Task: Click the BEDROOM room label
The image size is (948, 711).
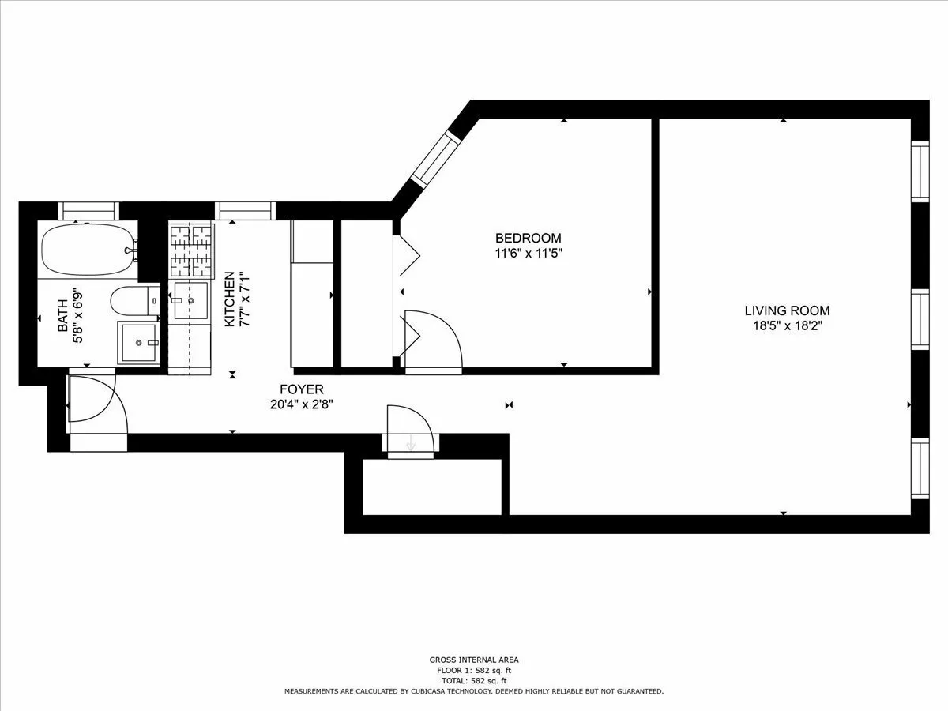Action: [x=528, y=238]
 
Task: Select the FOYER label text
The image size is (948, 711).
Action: [x=301, y=389]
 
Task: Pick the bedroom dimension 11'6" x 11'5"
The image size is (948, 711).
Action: [x=528, y=254]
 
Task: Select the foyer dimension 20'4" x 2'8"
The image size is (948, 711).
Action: [x=301, y=404]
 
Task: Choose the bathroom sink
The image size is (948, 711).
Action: [x=139, y=343]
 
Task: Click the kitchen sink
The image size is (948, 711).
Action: [x=190, y=301]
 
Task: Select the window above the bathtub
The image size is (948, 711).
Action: [x=88, y=210]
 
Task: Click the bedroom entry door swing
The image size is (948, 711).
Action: [x=431, y=340]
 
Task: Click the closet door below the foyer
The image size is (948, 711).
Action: [x=409, y=431]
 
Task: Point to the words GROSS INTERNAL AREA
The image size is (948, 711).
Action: [x=474, y=660]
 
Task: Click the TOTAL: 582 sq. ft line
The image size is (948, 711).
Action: [x=474, y=680]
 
